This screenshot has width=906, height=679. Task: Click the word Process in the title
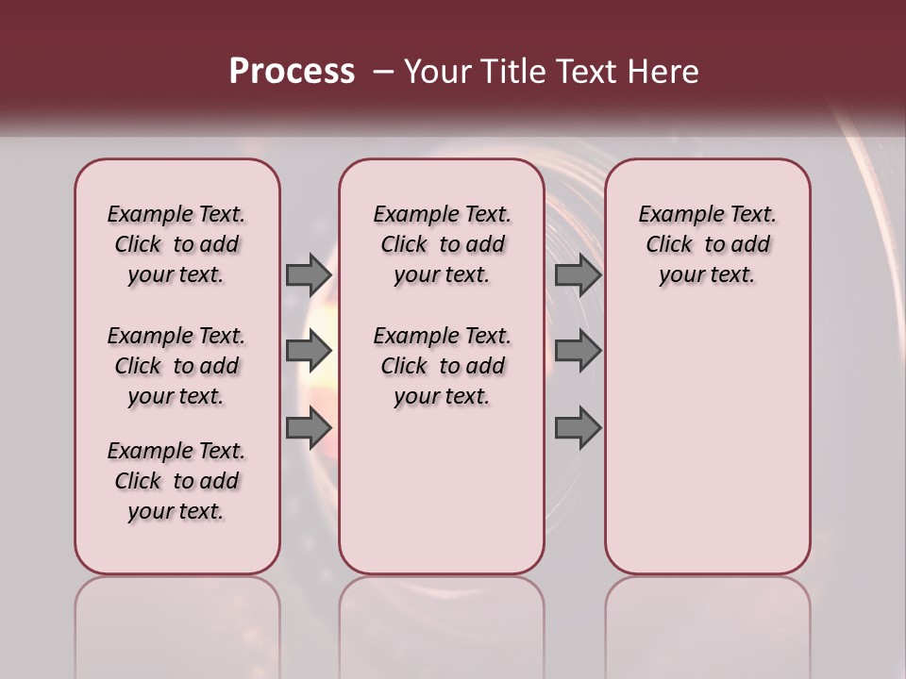tap(292, 71)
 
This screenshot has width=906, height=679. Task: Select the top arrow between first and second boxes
tap(309, 275)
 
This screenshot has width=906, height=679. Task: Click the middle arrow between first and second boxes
tap(309, 352)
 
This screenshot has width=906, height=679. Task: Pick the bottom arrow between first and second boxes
tap(309, 428)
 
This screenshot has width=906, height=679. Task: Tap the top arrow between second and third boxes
tap(578, 275)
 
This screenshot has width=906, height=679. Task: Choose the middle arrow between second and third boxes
tap(578, 352)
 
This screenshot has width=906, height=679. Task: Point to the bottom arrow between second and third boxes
tap(578, 428)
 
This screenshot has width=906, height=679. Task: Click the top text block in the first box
tap(176, 244)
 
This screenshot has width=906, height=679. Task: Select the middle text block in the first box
tap(176, 366)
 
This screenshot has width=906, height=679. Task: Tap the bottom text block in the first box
tap(176, 481)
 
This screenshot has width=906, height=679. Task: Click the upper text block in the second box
tap(442, 244)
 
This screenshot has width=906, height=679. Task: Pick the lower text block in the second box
tap(442, 366)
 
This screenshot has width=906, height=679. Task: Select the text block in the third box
tap(707, 244)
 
